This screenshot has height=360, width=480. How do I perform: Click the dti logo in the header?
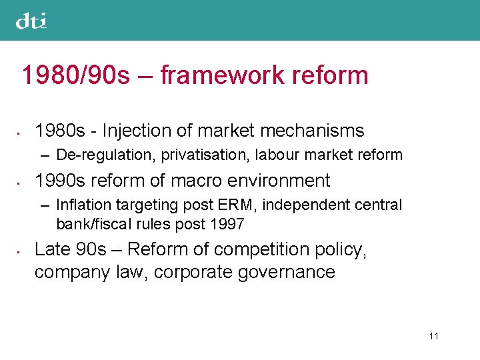click(31, 21)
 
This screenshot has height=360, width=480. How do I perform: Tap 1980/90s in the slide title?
click(75, 75)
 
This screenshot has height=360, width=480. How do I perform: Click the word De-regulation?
click(100, 155)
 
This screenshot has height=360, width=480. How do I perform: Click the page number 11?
click(433, 336)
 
